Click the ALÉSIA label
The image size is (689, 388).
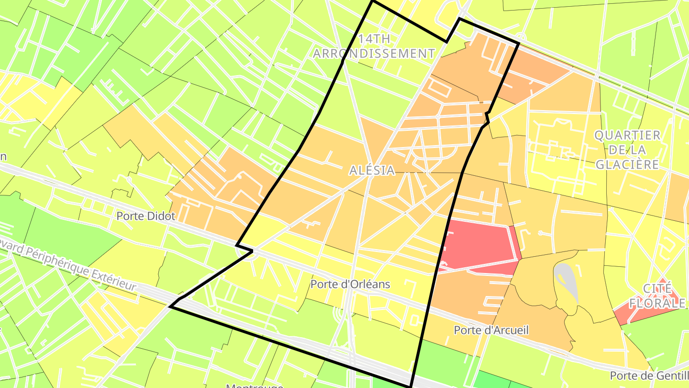click(372, 170)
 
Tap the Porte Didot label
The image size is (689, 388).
click(146, 216)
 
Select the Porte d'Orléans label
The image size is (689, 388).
click(350, 285)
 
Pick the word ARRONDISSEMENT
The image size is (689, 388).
click(374, 54)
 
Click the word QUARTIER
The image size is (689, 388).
click(627, 135)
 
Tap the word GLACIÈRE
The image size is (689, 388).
click(627, 164)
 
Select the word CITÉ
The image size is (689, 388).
click(658, 288)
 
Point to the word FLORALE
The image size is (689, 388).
click(657, 303)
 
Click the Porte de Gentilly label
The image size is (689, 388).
click(649, 376)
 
